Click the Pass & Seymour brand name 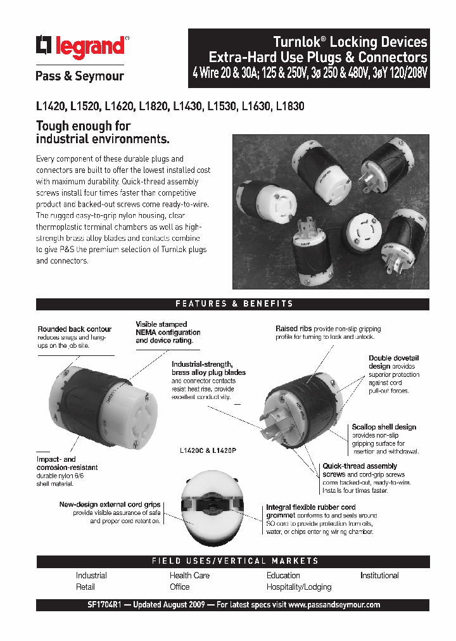tap(79, 76)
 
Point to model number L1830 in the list tap(290, 106)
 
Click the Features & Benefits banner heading tap(234, 304)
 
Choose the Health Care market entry tap(189, 576)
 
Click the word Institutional tap(379, 576)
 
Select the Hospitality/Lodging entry tap(299, 587)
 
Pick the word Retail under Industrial tap(85, 587)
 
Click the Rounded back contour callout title tap(75, 329)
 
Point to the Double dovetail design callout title tap(394, 362)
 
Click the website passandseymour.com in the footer tap(334, 605)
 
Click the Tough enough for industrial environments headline tap(103, 132)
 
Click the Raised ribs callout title tap(289, 329)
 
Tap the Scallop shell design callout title tap(384, 427)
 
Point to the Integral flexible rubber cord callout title tap(310, 507)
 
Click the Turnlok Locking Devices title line tap(350, 42)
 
